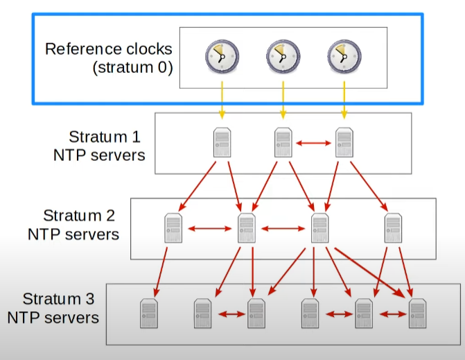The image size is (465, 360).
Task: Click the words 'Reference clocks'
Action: coord(108,50)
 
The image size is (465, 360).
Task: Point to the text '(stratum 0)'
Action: coord(132,68)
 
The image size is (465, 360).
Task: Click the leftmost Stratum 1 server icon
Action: coord(222,143)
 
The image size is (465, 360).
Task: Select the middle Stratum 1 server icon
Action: coord(283,143)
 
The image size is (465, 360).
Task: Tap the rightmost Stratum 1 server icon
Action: coord(344,143)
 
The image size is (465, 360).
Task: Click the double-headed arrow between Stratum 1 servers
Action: coord(313,144)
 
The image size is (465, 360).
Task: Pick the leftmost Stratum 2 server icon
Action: coord(173,228)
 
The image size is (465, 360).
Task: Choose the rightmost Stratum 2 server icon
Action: coord(393,228)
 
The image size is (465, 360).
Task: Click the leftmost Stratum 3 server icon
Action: coord(148,313)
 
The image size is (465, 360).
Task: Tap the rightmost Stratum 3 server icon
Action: coord(416,313)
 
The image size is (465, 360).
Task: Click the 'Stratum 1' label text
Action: coord(98,137)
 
